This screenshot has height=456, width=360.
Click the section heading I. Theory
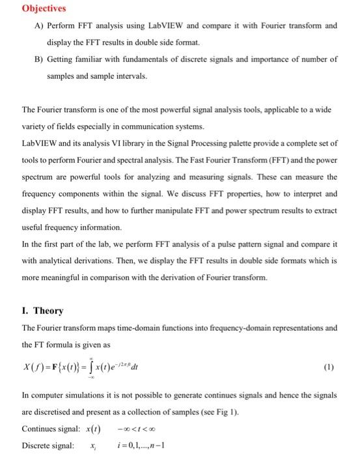click(42, 311)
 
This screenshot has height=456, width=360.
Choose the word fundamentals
click(136, 59)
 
